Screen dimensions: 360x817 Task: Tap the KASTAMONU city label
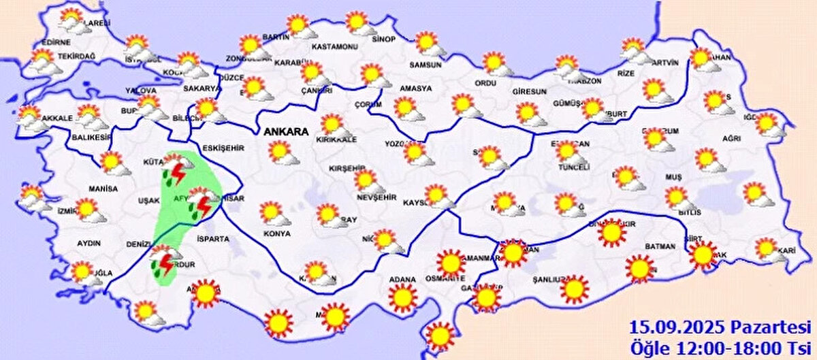[334, 47]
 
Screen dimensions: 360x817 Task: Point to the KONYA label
[276, 233]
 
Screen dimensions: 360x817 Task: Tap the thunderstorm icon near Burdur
[163, 263]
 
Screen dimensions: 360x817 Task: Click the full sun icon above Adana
[402, 297]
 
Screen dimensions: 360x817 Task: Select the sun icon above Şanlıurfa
[574, 289]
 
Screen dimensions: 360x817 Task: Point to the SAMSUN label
[425, 65]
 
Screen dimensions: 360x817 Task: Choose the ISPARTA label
[214, 239]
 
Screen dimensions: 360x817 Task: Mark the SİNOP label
[383, 39]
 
